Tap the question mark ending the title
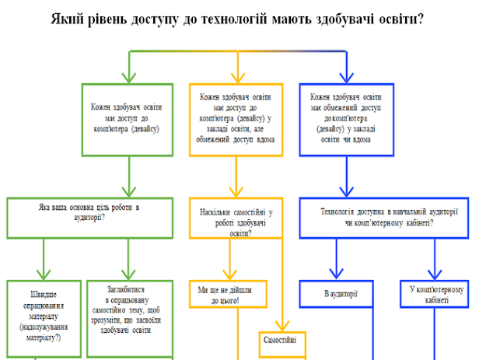click(x=421, y=17)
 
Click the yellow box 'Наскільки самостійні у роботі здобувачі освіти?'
click(x=235, y=218)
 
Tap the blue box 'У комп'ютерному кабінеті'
click(x=436, y=295)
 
